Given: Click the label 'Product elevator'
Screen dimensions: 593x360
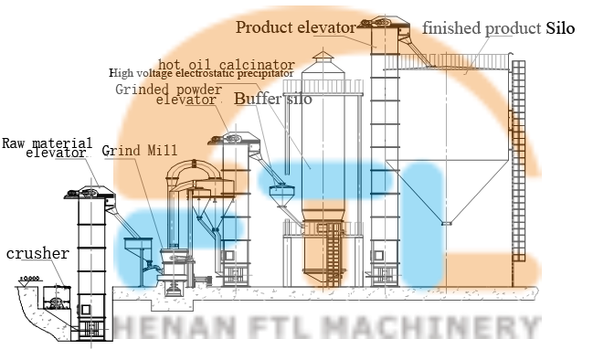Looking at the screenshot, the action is point(295,27).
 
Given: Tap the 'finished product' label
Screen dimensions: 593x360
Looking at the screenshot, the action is point(481,28).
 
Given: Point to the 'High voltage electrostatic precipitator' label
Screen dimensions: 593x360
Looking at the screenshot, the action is point(203,73).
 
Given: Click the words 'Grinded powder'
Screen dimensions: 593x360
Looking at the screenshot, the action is point(168,90).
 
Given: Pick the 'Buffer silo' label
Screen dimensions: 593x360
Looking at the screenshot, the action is point(272,98).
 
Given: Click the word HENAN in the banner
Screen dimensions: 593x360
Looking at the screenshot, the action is point(157,326).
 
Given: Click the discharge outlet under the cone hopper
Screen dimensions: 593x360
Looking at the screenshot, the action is point(446,222).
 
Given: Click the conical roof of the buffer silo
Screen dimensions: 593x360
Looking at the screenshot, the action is point(320,58).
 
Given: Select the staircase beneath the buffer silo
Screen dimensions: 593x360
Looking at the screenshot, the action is point(334,252).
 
